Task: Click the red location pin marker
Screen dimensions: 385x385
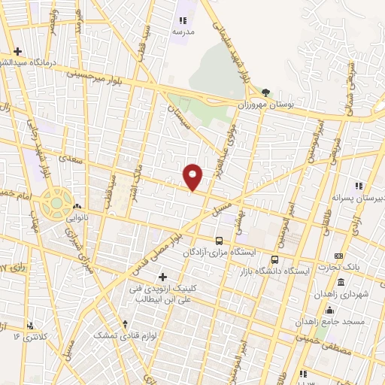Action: point(193,176)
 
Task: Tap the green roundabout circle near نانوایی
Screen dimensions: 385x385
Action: point(56,202)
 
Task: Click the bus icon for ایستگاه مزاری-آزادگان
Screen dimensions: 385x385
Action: point(219,241)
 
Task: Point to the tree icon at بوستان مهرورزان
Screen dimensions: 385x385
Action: point(265,92)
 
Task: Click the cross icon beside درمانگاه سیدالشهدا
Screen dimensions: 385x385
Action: point(18,51)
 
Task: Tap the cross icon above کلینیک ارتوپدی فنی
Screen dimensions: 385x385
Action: point(162,277)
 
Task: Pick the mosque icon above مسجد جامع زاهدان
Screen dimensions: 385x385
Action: point(329,308)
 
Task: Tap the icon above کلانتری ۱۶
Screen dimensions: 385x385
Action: point(30,326)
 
